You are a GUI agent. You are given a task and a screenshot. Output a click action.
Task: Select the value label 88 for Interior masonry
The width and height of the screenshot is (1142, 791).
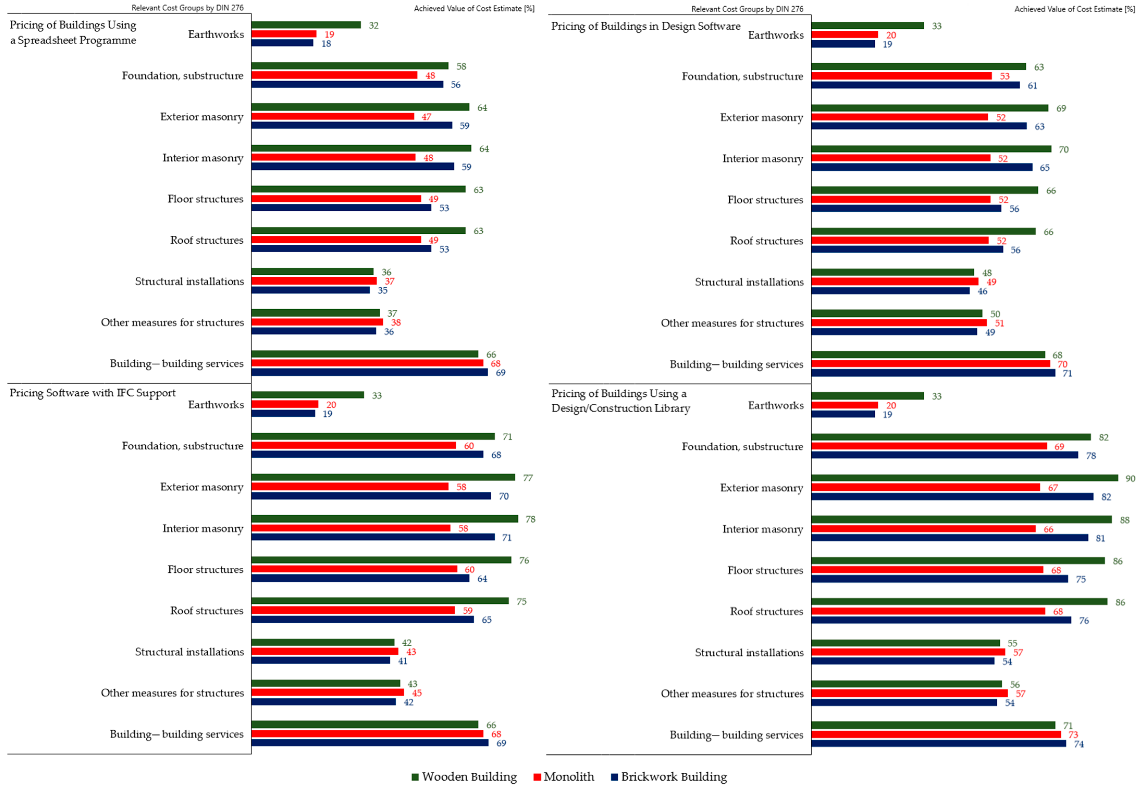tap(1125, 520)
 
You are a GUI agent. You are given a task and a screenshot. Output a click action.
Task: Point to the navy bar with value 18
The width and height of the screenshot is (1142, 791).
tap(282, 43)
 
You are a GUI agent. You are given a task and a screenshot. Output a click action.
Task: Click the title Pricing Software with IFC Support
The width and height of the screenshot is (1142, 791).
tap(93, 393)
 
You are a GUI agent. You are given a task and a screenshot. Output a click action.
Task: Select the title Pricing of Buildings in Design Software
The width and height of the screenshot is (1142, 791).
tap(646, 26)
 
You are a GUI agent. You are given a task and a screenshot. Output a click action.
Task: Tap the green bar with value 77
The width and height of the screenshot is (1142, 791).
tap(383, 477)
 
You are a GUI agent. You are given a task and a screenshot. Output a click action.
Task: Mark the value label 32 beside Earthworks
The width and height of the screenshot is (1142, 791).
tap(373, 25)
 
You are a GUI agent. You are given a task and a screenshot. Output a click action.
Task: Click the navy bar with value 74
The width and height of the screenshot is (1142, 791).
tap(939, 743)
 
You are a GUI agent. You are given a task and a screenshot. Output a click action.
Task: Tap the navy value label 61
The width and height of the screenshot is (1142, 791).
tap(1032, 85)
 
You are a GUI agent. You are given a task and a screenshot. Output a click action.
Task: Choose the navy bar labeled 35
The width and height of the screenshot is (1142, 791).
tap(311, 290)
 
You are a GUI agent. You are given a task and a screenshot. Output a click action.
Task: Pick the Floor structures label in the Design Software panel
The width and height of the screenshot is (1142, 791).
tap(765, 200)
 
